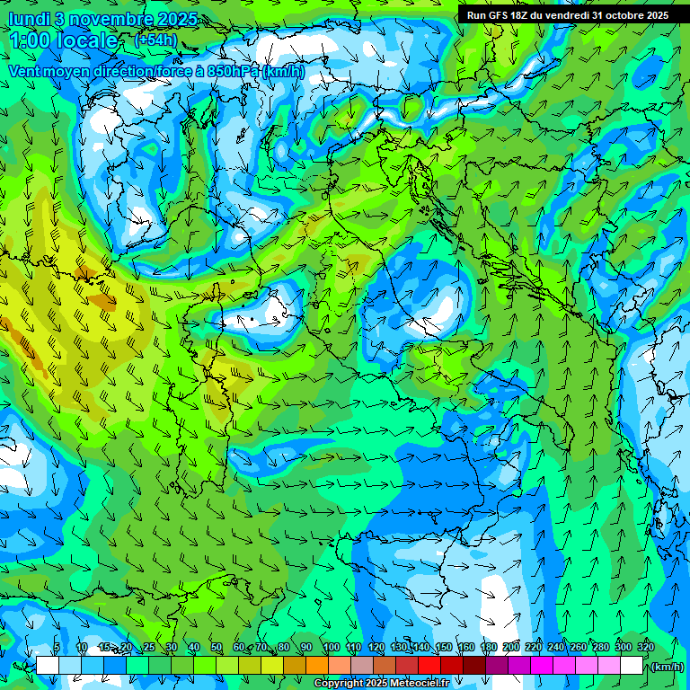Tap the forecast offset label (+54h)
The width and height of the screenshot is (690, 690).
(155, 40)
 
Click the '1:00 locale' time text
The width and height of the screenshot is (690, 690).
(64, 40)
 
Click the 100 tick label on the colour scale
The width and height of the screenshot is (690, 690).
(331, 648)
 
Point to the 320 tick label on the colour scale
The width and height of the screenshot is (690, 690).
(646, 648)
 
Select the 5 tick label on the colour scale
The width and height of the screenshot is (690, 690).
(57, 648)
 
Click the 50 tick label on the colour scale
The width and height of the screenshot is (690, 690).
(217, 648)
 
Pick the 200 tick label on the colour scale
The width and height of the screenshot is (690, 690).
(511, 648)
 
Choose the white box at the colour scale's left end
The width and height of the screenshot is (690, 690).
(48, 666)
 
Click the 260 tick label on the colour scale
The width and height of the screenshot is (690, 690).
(579, 648)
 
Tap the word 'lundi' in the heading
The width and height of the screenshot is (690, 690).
(28, 19)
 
